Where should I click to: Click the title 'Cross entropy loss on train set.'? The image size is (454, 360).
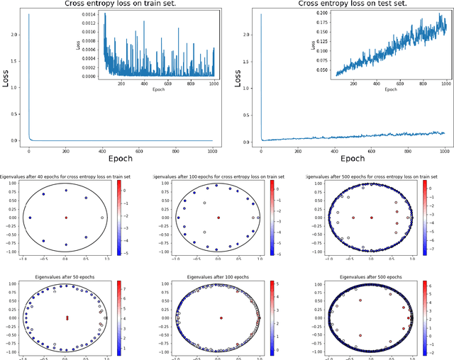coord(118,4)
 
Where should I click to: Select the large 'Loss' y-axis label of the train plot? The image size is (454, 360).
coord(6,81)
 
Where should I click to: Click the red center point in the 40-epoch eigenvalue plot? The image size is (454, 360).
coord(66,218)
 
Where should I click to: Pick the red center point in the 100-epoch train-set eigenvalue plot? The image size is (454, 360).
coord(218,218)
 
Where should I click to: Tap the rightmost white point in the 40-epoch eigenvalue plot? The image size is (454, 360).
coord(102,218)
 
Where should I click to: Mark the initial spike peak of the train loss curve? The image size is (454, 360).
coord(28,14)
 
